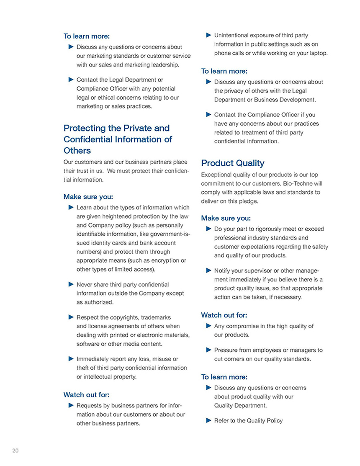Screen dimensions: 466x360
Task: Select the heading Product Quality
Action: (233, 163)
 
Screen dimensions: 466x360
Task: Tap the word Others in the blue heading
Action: (77, 150)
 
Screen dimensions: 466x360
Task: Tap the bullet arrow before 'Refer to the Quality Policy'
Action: (208, 420)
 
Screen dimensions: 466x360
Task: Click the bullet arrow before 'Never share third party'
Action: (70, 284)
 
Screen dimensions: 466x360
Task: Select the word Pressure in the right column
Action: (226, 350)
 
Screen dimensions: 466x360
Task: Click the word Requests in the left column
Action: (89, 405)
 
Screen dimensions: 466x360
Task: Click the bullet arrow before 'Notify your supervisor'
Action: (208, 270)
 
